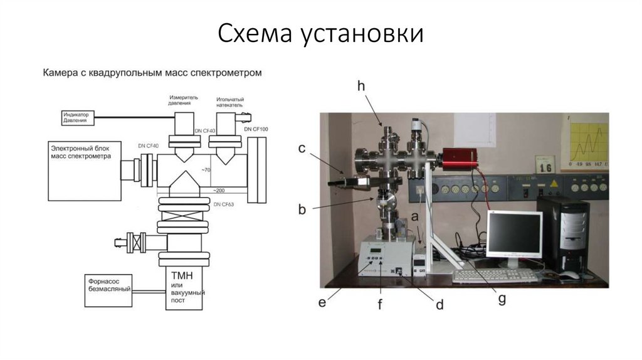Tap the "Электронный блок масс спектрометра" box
pos(82,169)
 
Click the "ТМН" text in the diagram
pos(179,277)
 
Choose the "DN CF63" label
pos(223,205)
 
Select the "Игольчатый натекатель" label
pos(230,102)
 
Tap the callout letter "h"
pos(361,87)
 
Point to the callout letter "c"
pos(302,149)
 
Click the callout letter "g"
pos(502,299)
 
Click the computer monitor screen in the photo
pos(515,235)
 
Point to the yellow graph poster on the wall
pos(585,142)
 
